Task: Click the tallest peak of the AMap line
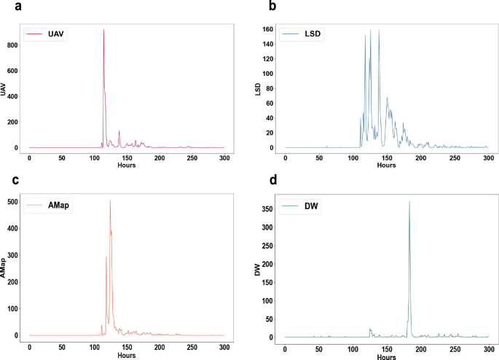click(x=110, y=200)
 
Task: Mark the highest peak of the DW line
click(x=409, y=201)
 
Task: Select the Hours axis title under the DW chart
click(x=386, y=356)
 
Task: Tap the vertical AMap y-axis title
click(x=5, y=270)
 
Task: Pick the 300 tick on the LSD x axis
click(x=487, y=157)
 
